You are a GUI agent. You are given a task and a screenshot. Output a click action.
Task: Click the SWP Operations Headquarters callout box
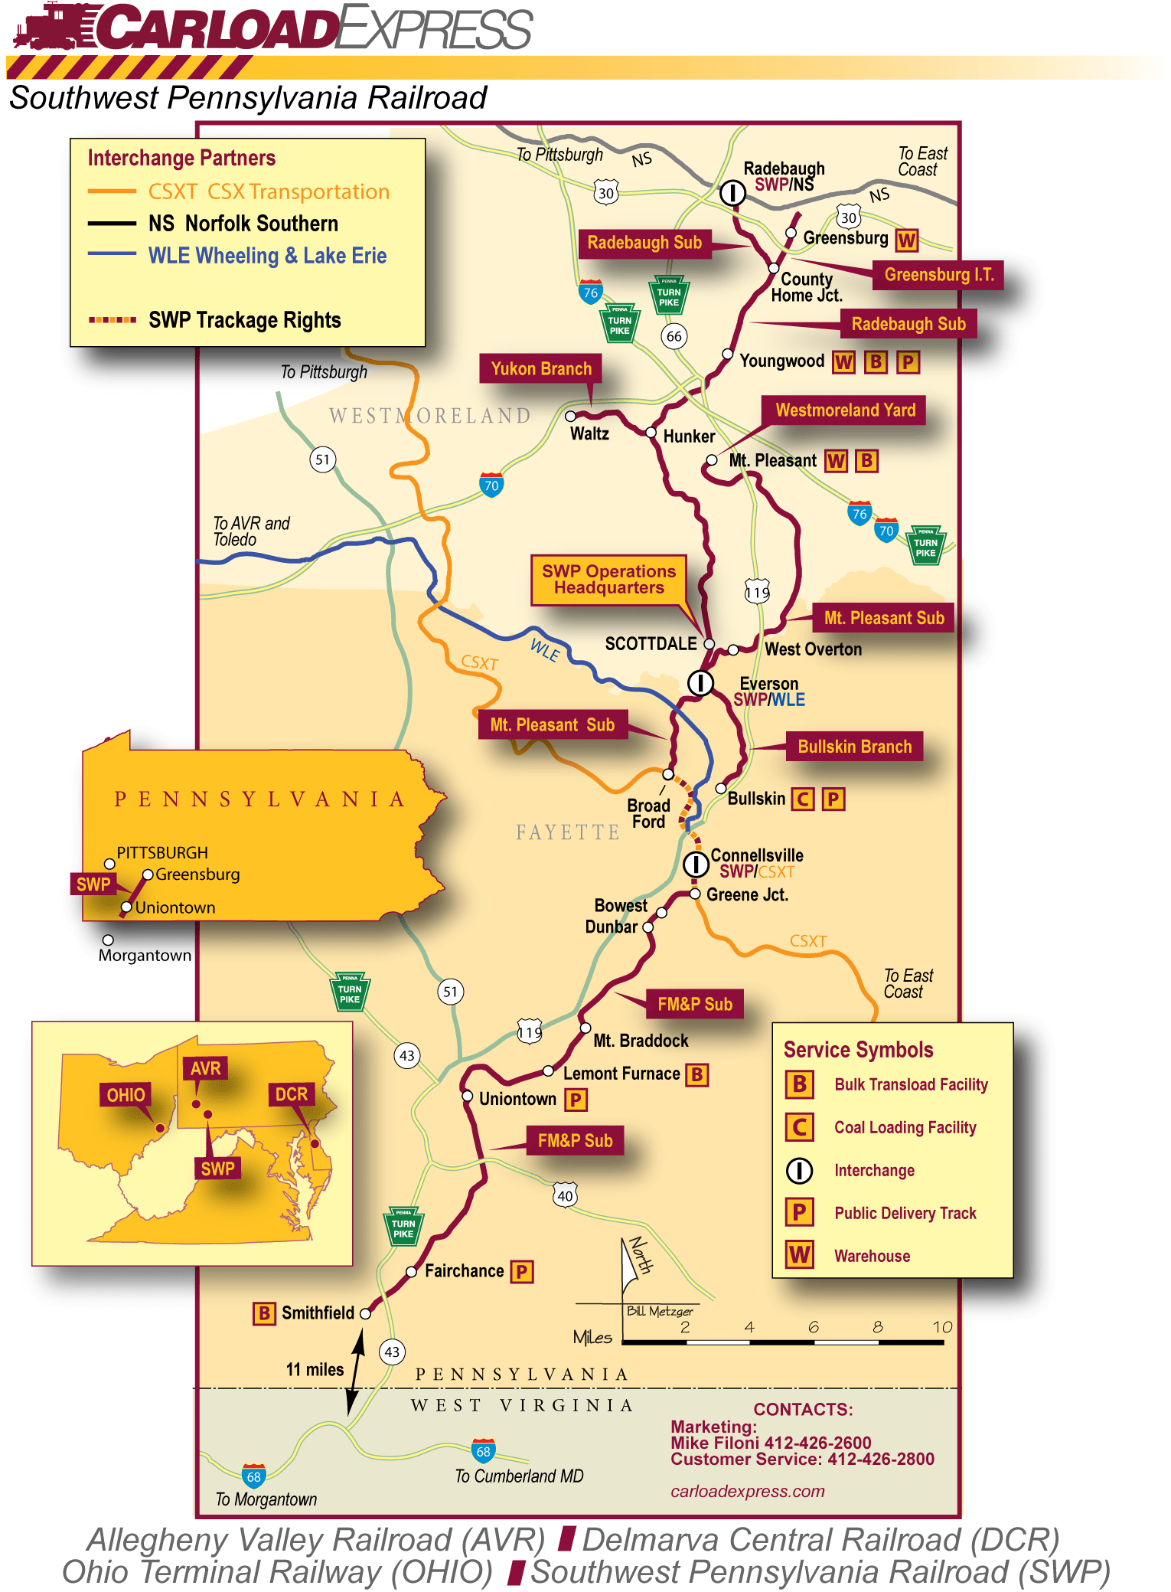pos(608,580)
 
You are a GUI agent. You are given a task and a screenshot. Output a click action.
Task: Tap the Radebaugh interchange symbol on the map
pos(732,192)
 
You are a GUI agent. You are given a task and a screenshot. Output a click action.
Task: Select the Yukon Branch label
pos(541,369)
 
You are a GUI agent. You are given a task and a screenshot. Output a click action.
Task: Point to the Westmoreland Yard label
pos(845,410)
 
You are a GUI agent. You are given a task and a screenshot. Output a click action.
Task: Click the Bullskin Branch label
pos(854,747)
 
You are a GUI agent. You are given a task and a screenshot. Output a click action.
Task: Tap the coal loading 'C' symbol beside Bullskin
pos(802,799)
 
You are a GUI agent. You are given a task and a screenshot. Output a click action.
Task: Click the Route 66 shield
pos(674,336)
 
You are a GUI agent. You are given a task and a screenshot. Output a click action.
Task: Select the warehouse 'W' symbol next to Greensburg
pos(907,240)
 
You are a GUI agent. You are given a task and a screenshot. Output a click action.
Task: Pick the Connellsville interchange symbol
pos(695,865)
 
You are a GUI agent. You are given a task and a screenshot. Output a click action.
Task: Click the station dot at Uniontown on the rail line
pos(468,1096)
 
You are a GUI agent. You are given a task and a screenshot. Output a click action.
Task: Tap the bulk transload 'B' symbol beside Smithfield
pos(264,1313)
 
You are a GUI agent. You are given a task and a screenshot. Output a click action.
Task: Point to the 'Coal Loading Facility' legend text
pos(905,1127)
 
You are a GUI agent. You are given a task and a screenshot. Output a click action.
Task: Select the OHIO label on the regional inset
pos(126,1095)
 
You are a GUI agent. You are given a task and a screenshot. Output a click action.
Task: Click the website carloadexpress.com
pos(747,1491)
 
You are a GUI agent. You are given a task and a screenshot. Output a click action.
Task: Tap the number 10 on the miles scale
pos(942,1327)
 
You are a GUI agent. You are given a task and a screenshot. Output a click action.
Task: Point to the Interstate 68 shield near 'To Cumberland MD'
pos(484,1450)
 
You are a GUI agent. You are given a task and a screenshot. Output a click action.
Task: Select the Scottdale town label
pos(651,643)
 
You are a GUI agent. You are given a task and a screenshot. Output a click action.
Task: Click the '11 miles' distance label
pos(315,1369)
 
